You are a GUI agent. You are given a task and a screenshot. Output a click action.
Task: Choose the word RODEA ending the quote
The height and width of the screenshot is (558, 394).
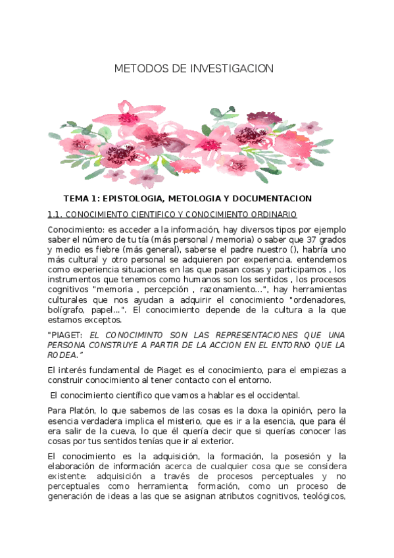point(61,355)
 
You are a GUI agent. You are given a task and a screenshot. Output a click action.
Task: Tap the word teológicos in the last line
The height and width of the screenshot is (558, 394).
point(322,496)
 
